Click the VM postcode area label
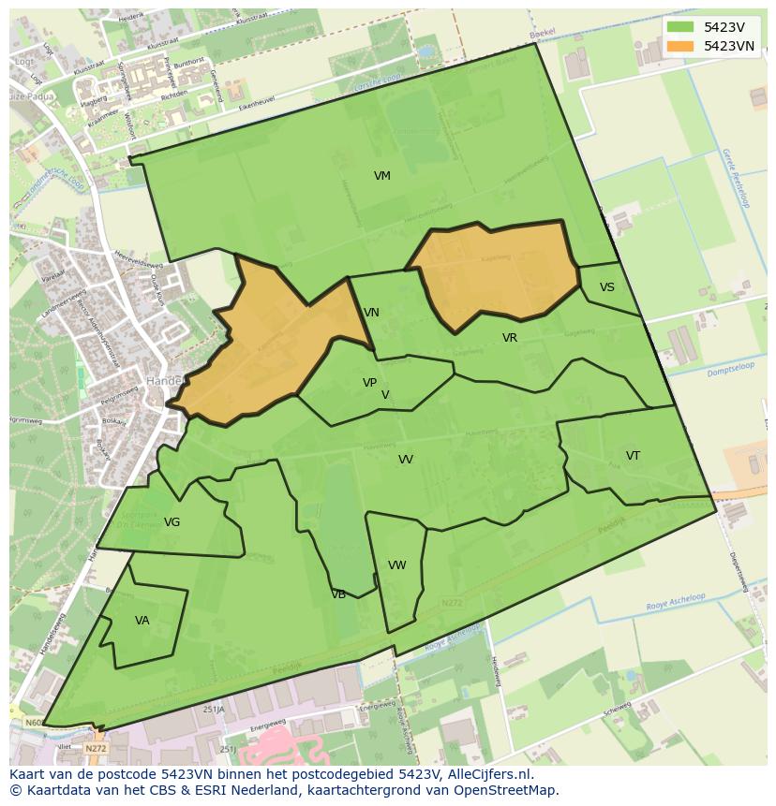click(x=381, y=176)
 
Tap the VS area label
click(x=607, y=287)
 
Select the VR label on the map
click(x=510, y=338)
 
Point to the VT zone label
click(x=633, y=456)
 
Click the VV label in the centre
click(x=406, y=460)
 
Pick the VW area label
click(x=397, y=565)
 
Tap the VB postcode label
click(x=338, y=594)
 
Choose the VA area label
click(x=142, y=620)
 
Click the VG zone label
click(x=172, y=522)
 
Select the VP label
click(x=369, y=383)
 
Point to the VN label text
click(x=371, y=313)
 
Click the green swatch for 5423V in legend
click(x=681, y=27)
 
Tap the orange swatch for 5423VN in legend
click(x=681, y=46)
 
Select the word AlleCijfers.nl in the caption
click(x=486, y=774)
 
